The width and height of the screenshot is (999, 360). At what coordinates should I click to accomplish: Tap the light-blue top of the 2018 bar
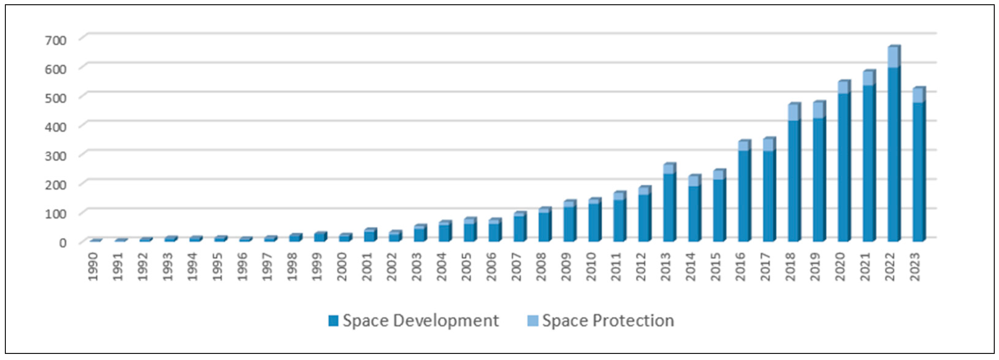coord(794,113)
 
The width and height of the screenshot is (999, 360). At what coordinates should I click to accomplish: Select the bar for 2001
coord(369,236)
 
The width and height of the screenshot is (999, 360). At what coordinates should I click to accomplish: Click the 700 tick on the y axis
coord(55,40)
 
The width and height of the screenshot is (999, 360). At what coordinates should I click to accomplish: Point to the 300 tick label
coord(55,156)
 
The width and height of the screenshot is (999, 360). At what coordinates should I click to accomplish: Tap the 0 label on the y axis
coord(62,243)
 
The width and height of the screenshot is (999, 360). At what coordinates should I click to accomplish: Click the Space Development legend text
coord(420,321)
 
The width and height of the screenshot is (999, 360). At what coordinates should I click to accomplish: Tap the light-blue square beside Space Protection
coord(532,321)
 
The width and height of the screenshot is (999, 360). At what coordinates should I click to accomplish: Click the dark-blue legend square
coord(333,321)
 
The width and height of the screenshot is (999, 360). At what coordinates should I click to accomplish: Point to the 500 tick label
coord(55,98)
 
